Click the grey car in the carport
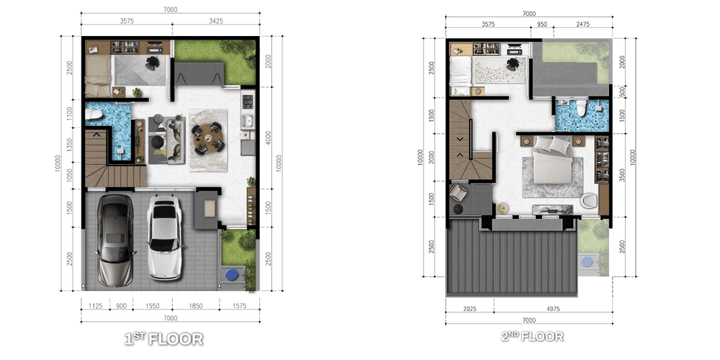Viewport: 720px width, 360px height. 114,240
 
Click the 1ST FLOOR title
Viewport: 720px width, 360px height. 164,339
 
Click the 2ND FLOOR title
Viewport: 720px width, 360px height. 532,336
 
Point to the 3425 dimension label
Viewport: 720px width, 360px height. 215,21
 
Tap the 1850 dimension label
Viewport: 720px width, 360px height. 195,306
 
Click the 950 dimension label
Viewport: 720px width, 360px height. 542,24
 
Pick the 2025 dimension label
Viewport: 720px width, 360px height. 469,309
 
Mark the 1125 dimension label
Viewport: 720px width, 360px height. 95,306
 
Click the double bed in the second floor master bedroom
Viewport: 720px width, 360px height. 552,161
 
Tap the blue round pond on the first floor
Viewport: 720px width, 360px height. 232,275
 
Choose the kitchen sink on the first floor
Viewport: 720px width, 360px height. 248,121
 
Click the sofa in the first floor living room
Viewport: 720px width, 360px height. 176,140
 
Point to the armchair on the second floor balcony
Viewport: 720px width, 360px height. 458,192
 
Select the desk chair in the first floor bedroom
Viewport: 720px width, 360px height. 152,63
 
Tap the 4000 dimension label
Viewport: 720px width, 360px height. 268,138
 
